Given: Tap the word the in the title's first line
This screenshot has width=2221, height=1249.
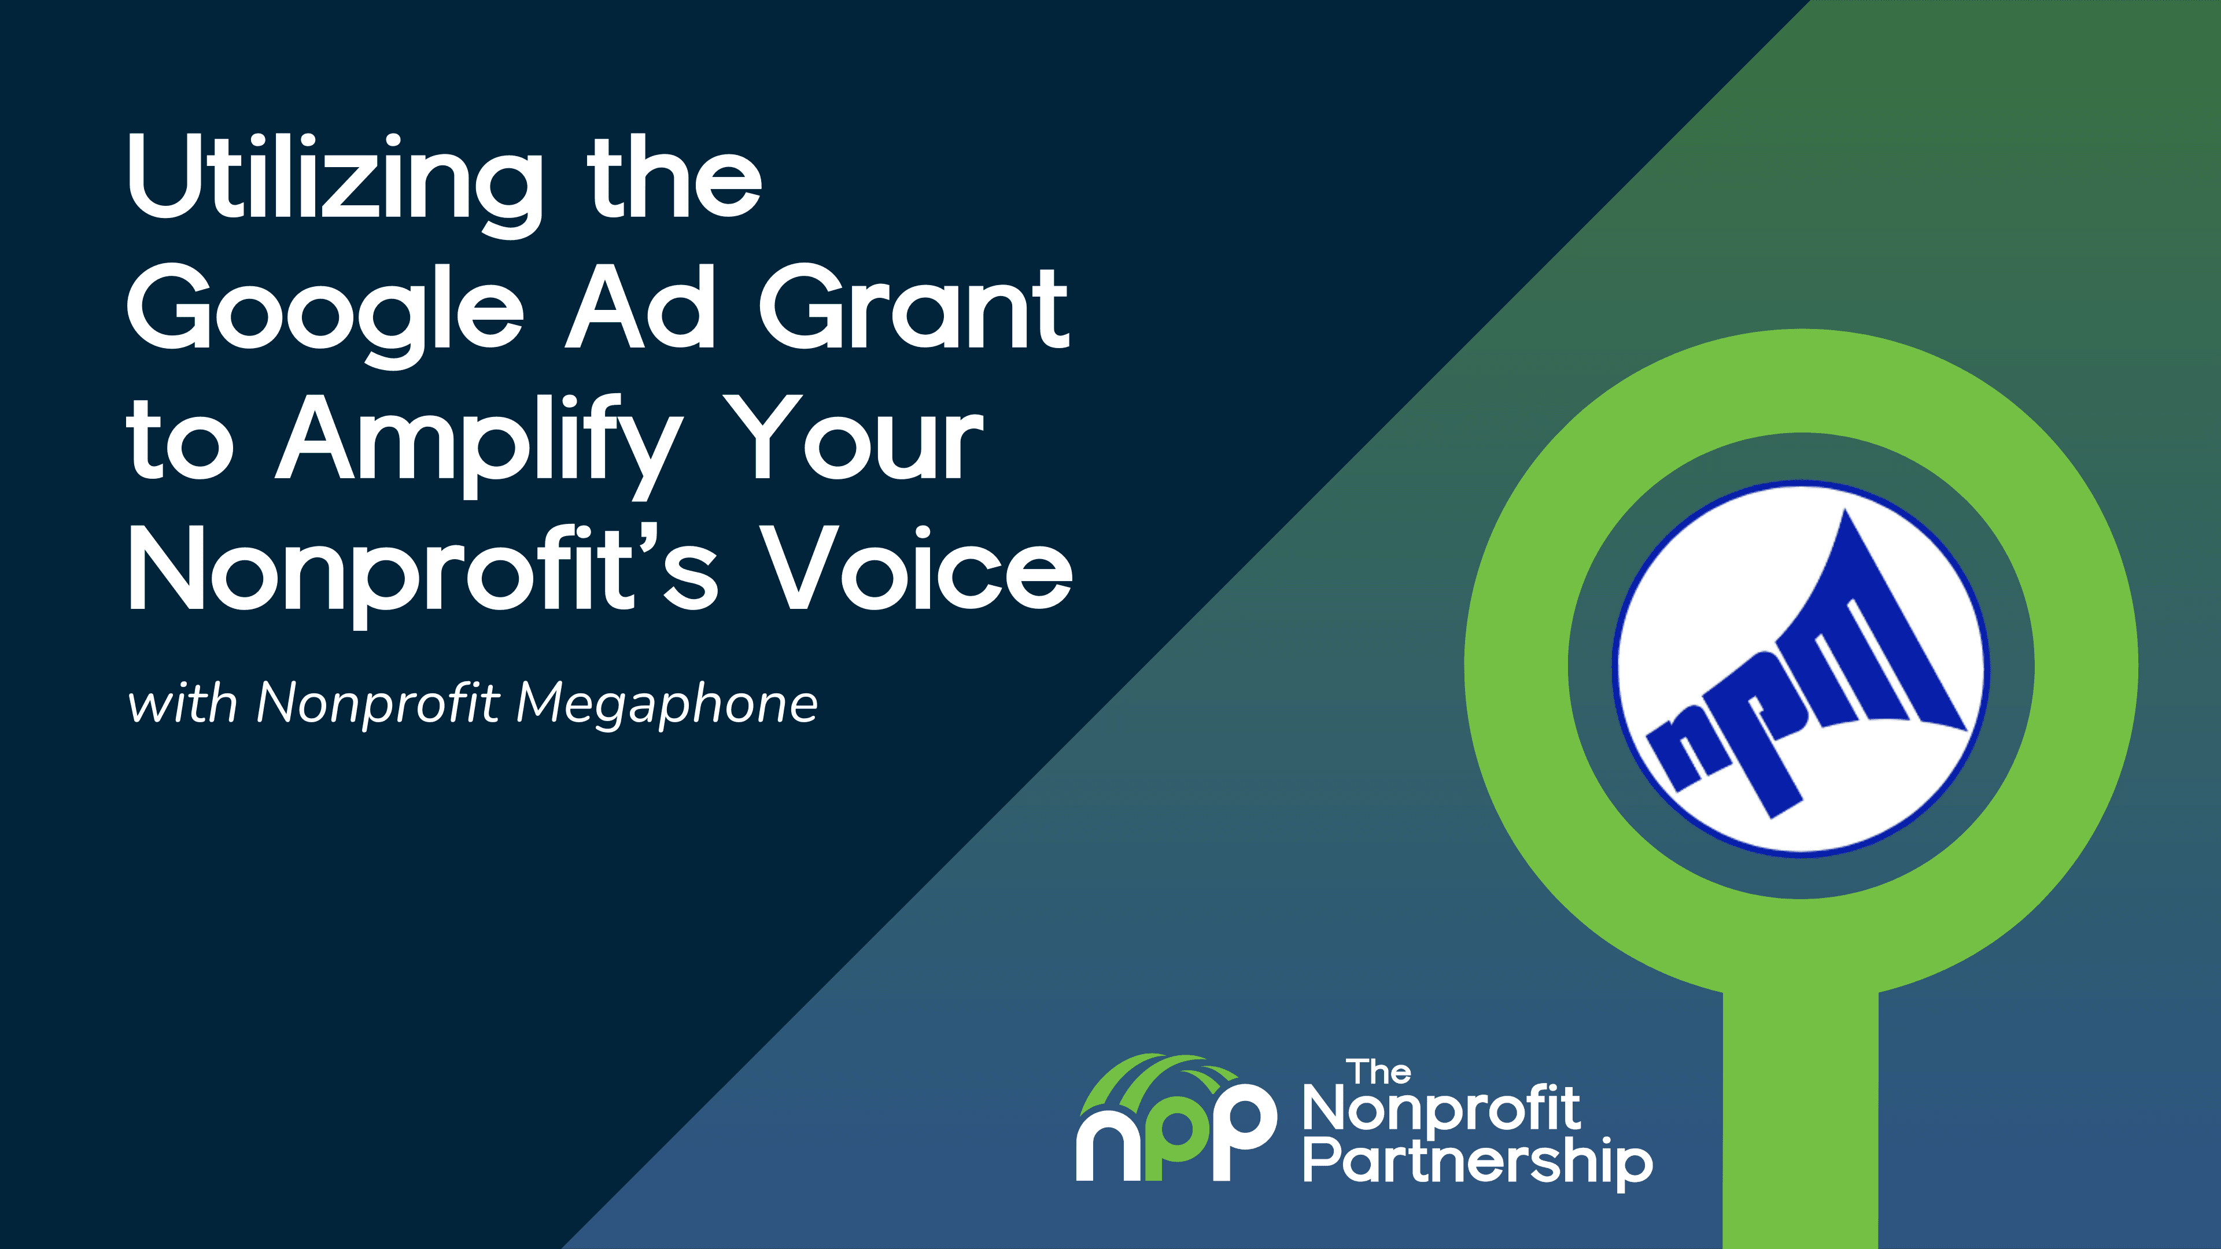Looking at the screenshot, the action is (674, 177).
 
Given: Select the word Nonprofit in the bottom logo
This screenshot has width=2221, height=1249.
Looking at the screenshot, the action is (1441, 1110).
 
